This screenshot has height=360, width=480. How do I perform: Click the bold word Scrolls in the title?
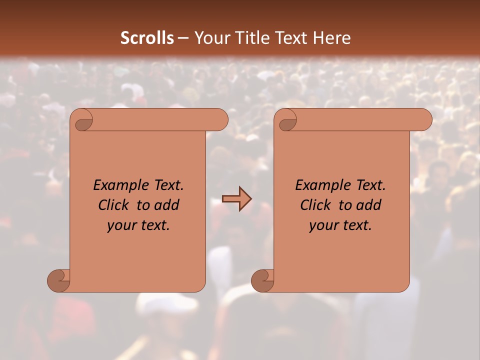[x=147, y=38]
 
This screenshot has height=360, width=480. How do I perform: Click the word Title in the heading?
[x=248, y=38]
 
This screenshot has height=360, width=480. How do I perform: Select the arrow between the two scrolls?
[x=236, y=199]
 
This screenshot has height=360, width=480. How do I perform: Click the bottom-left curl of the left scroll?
[x=58, y=280]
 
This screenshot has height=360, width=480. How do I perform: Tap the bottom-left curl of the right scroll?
[x=262, y=280]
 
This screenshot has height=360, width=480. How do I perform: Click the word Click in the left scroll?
[x=114, y=205]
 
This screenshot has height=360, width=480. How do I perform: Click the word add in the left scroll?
[x=167, y=205]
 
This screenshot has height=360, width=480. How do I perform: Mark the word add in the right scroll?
[x=369, y=205]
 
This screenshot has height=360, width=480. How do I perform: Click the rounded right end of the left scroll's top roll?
[x=220, y=120]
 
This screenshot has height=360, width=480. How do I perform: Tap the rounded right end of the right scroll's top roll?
[x=424, y=120]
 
